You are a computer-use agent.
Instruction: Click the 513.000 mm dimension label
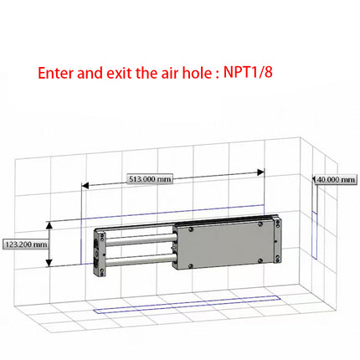pos(151,179)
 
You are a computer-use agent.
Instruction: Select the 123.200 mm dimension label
pos(25,245)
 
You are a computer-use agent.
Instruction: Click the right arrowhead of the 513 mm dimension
pos(260,172)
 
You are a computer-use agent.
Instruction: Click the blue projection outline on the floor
pos(167,310)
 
